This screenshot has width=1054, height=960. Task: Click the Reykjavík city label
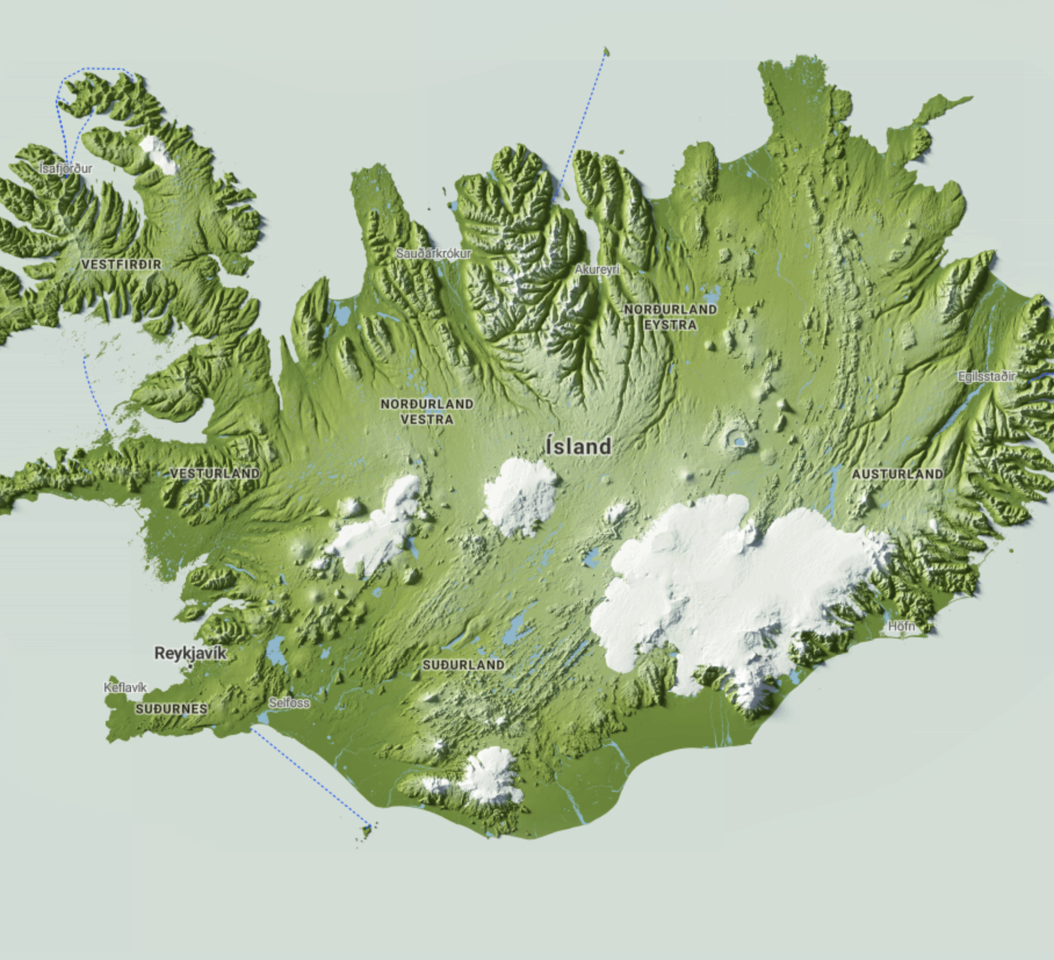190,653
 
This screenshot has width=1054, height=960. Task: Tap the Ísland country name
571,446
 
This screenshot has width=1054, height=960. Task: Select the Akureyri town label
597,269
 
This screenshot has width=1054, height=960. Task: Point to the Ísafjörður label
66,168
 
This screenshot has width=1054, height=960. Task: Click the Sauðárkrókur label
434,253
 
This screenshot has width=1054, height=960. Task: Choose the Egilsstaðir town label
986,376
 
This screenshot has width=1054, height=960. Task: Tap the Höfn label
902,626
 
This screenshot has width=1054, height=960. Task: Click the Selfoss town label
289,702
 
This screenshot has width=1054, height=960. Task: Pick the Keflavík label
125,687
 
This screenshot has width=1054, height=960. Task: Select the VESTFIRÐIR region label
121,265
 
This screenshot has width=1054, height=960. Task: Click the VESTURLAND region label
215,473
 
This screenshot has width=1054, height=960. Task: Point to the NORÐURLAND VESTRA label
427,411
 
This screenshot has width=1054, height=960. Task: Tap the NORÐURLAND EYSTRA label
670,317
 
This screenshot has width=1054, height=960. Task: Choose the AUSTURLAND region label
897,474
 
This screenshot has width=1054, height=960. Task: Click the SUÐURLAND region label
463,665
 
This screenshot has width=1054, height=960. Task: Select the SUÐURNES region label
171,709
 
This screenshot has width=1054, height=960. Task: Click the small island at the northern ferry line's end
606,52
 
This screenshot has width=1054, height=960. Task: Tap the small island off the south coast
367,831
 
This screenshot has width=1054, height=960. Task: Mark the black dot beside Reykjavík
190,667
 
